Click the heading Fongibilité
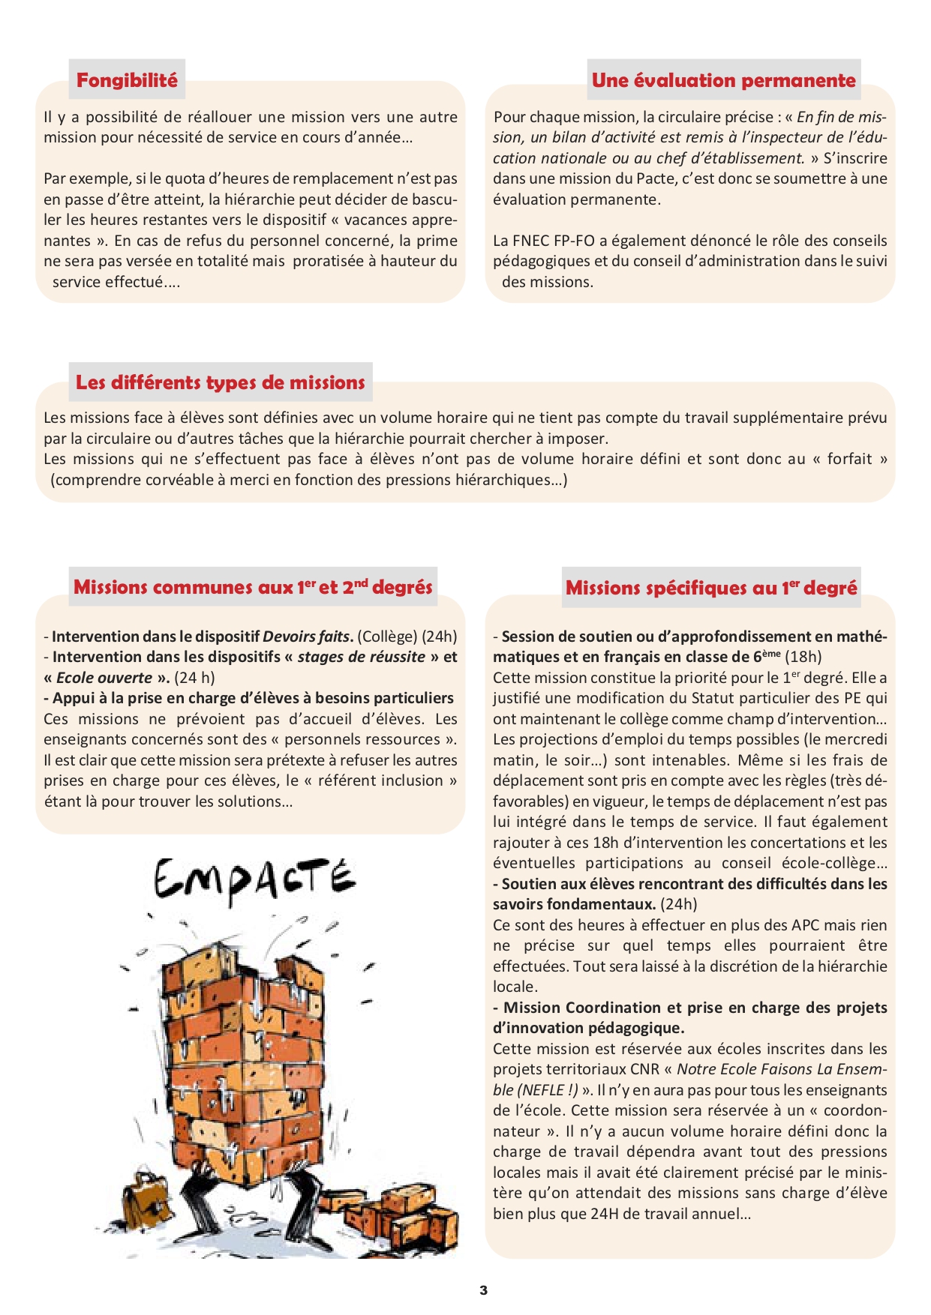coord(127,80)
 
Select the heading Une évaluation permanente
coord(723,80)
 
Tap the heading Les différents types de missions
coord(220,382)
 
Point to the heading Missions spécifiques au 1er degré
coord(710,588)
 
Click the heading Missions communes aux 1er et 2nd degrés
coord(253,587)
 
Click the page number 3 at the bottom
coord(484,1290)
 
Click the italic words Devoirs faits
coord(307,637)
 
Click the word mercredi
coord(855,739)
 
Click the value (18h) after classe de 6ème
coord(803,657)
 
